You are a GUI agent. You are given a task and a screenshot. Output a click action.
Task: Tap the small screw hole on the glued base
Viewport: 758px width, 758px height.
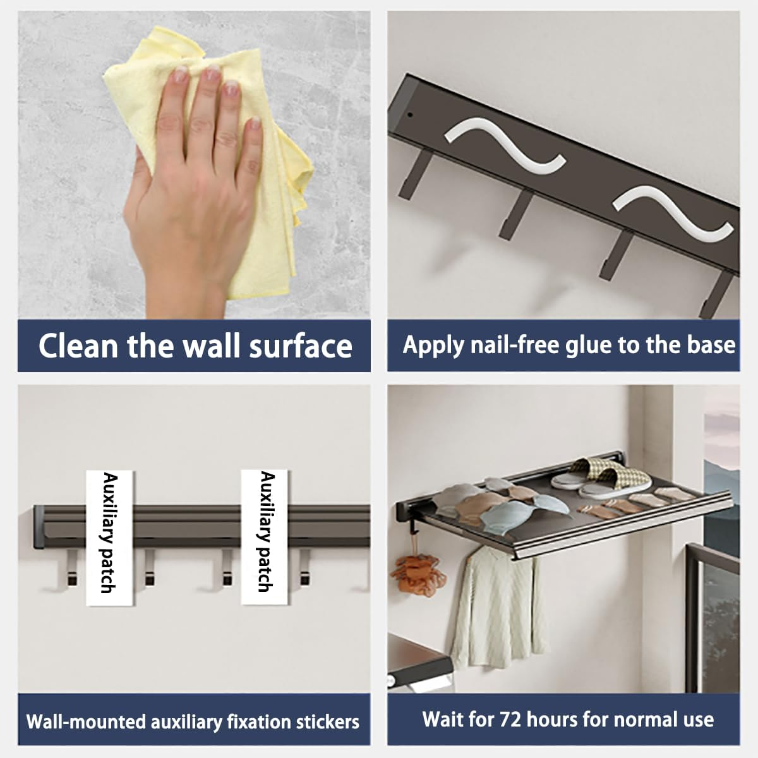[x=411, y=115]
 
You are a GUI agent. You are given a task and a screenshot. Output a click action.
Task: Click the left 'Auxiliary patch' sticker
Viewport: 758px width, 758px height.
[x=110, y=538]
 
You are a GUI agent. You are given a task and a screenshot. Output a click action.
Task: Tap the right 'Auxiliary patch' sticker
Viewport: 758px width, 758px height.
[x=264, y=537]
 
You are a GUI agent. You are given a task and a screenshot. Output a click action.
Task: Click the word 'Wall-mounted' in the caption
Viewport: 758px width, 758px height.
[x=86, y=722]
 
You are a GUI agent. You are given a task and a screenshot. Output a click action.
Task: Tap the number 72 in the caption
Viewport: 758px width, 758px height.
[x=510, y=719]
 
